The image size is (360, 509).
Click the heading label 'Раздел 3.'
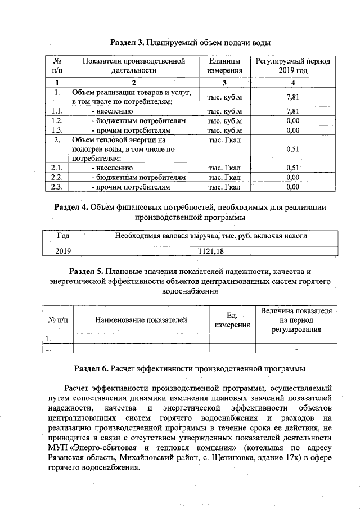pos(127,43)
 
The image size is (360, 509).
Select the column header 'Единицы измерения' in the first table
pos(224,66)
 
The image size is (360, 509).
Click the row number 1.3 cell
pos(56,130)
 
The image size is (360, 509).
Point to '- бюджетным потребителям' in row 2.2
pos(138,177)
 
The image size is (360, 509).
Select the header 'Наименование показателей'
pos(141,321)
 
